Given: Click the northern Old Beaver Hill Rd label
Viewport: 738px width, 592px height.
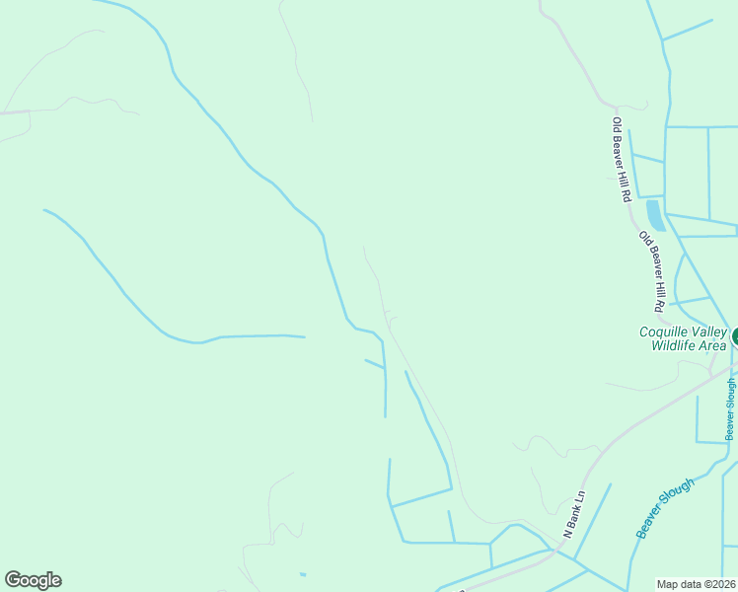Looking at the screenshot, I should click(x=621, y=160).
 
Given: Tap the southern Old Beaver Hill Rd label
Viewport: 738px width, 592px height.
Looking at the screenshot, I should click(x=652, y=271).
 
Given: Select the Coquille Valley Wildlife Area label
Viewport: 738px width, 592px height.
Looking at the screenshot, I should click(x=683, y=338).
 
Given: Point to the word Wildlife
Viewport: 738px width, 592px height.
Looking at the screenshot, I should click(x=675, y=345).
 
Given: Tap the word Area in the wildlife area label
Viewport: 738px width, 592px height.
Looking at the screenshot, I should click(x=714, y=345).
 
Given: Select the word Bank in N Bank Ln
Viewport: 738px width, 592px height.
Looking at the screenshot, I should click(x=574, y=514).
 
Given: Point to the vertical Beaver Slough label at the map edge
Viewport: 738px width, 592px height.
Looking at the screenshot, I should click(x=730, y=408).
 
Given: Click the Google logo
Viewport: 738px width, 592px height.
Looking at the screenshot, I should click(x=33, y=580).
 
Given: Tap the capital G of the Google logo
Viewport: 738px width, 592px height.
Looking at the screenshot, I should click(x=13, y=579).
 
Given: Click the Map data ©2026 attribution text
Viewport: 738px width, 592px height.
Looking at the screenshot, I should click(x=697, y=584).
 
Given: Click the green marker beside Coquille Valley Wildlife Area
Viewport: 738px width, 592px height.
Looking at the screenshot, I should click(x=735, y=336).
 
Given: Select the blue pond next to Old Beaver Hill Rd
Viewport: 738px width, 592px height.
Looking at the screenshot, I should click(x=655, y=215).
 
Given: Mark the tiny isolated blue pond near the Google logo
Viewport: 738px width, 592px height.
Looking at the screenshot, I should click(x=302, y=574).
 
